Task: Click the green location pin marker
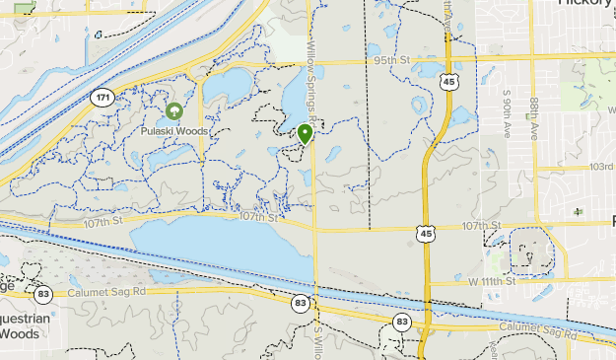(306, 133)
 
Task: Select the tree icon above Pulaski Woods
(174, 111)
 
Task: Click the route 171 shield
(102, 98)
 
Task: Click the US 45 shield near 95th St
(449, 83)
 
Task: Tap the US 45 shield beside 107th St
(425, 233)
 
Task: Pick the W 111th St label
(492, 282)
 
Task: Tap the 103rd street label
(601, 167)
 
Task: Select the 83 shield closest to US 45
(401, 322)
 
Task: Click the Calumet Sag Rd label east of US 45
(536, 326)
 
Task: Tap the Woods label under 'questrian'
(20, 333)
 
